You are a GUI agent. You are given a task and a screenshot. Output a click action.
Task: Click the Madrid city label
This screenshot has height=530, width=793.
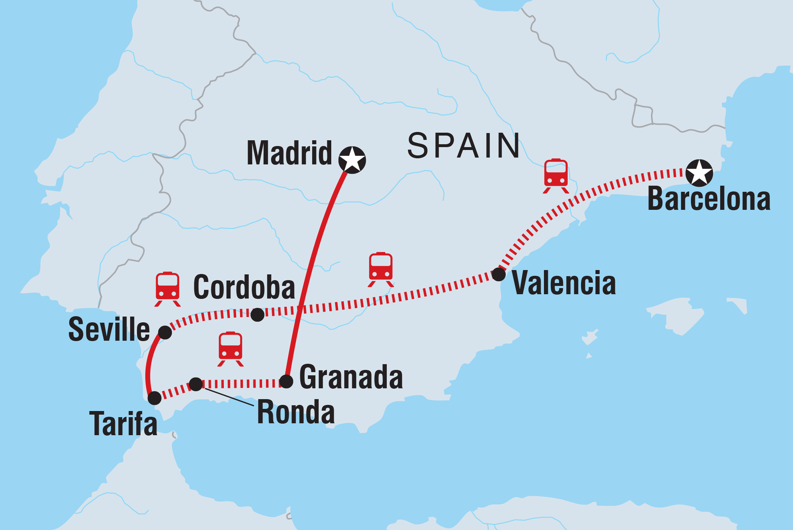click(x=289, y=153)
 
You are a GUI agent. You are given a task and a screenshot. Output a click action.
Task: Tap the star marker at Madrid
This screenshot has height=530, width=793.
click(x=352, y=160)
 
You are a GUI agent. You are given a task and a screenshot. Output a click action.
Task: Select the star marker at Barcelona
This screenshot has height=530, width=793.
click(x=699, y=173)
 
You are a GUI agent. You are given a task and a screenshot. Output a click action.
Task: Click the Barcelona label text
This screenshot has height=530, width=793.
click(x=709, y=199)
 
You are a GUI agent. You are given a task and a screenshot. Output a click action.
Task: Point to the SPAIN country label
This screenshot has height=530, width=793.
click(x=464, y=146)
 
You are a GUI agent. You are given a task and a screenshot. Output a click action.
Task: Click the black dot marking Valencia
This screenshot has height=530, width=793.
click(x=499, y=274)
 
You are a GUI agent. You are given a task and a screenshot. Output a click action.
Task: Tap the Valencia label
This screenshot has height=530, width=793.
click(x=564, y=283)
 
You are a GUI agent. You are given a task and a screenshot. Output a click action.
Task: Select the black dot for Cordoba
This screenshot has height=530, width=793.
click(x=257, y=315)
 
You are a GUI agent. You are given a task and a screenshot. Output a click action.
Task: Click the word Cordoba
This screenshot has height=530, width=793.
click(x=244, y=287)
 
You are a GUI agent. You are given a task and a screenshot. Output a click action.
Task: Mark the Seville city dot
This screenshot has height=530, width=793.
click(x=165, y=332)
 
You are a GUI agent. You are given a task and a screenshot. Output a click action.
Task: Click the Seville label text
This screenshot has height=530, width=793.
click(x=109, y=329)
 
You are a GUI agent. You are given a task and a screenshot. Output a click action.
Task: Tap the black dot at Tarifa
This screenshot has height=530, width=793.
click(x=155, y=398)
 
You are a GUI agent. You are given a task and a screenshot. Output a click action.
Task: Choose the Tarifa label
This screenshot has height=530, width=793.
click(x=123, y=424)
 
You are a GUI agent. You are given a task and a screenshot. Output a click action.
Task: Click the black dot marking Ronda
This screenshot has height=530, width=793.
click(x=196, y=384)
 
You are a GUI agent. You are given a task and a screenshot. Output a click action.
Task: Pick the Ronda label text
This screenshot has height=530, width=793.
click(x=296, y=412)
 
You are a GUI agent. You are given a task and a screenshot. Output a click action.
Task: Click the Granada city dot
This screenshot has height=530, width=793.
click(x=286, y=381)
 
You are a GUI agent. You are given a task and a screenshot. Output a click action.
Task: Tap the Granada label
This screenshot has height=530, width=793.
click(x=351, y=377)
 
